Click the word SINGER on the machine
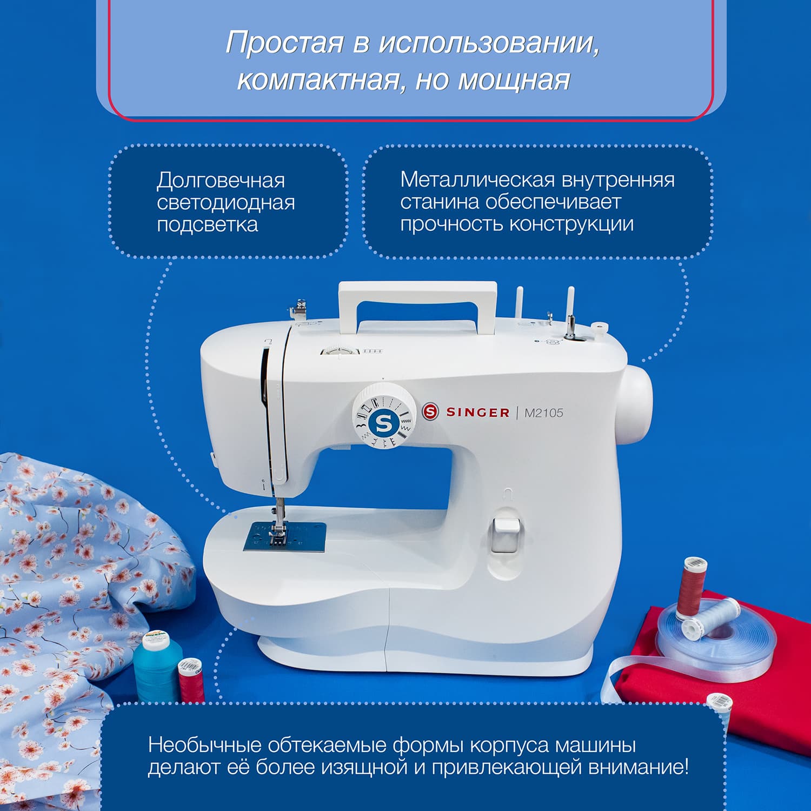tap(477, 413)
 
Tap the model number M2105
tap(543, 413)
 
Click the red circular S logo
tap(430, 412)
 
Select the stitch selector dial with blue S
tap(383, 415)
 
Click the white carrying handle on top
tap(417, 292)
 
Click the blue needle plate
tap(285, 537)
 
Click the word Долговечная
tap(221, 181)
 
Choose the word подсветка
tap(207, 224)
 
